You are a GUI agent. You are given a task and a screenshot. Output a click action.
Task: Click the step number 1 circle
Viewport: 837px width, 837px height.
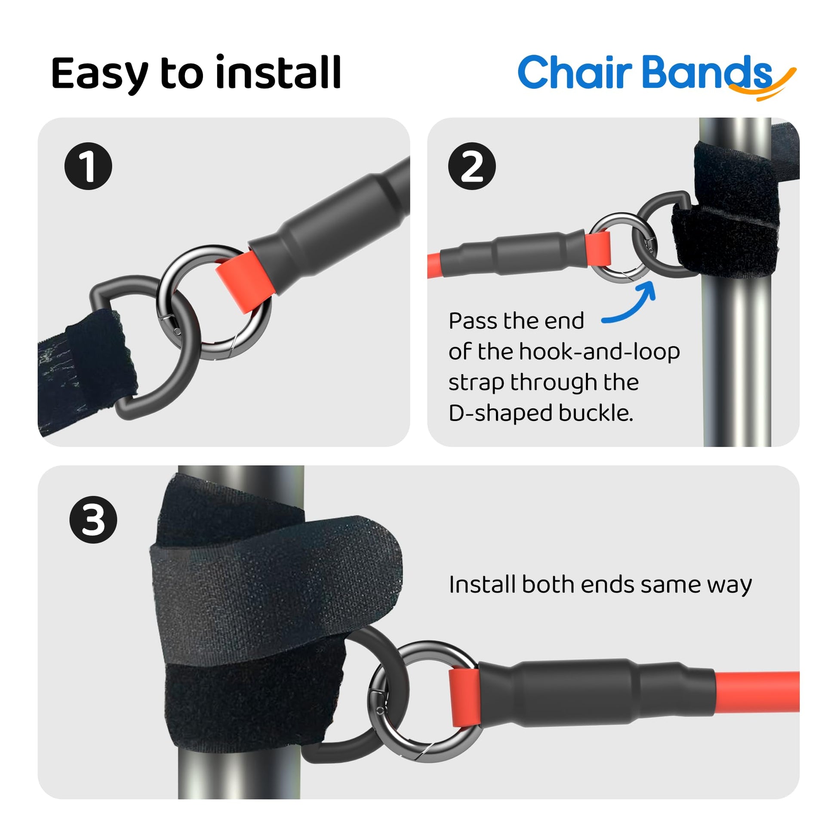tap(88, 166)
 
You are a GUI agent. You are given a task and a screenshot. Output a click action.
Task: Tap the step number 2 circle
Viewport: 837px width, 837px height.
tap(472, 166)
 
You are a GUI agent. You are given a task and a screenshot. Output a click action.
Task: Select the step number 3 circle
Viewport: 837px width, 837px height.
tap(93, 520)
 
